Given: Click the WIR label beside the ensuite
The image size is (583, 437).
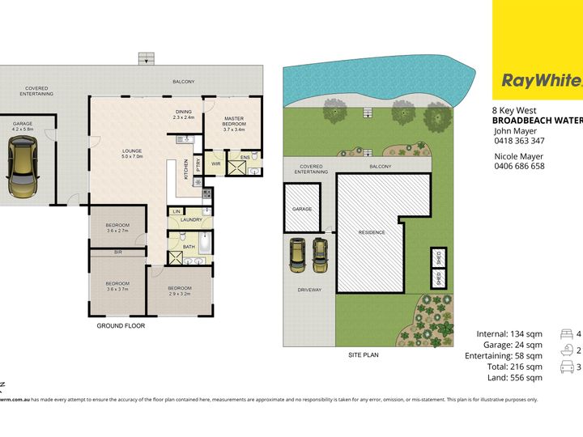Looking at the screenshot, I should point(216,163).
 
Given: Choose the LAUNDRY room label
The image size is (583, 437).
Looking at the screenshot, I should point(191,219).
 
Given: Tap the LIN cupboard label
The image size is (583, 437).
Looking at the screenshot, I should point(176,212).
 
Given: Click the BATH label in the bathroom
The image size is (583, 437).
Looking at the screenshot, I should point(189,247).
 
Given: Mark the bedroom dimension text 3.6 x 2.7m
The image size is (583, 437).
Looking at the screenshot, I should point(118,231).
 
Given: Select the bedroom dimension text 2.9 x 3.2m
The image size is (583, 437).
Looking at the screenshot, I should point(179,295).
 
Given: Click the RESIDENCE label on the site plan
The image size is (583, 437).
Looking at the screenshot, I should point(372,232).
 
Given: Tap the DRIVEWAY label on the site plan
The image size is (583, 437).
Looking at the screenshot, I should point(309,289).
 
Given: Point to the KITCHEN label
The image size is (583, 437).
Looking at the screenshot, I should point(185,168).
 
